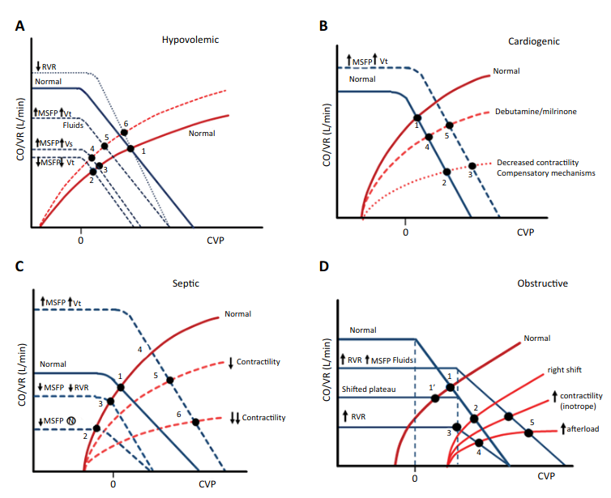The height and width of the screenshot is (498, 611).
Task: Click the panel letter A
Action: click(x=19, y=26)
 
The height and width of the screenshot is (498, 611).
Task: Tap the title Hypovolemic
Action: click(x=190, y=39)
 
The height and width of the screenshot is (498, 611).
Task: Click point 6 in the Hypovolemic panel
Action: click(x=124, y=133)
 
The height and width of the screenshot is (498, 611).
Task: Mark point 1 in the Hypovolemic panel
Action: click(x=131, y=149)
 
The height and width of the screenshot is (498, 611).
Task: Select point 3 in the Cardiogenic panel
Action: click(x=472, y=166)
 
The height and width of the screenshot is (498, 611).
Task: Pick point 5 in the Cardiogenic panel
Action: click(x=450, y=126)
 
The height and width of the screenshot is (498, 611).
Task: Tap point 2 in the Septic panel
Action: click(x=96, y=428)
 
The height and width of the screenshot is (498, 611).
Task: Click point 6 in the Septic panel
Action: click(x=195, y=422)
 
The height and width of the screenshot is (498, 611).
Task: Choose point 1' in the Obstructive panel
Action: click(x=435, y=398)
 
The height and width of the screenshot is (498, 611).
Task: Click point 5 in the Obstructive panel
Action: click(x=528, y=433)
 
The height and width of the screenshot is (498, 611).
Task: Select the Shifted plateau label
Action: click(x=369, y=389)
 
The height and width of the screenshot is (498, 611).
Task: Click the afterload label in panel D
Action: click(x=582, y=429)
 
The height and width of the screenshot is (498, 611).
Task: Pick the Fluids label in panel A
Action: click(x=74, y=126)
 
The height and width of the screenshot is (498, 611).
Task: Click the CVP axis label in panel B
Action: click(x=527, y=232)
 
